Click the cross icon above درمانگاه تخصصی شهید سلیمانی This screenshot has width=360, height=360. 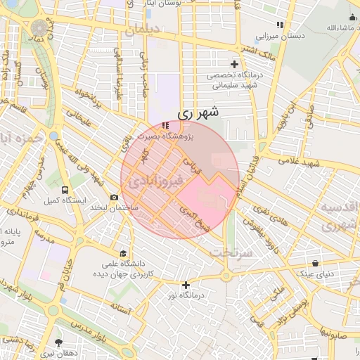pyautogui.click(x=234, y=64)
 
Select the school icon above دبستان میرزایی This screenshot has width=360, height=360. pyautogui.click(x=280, y=25)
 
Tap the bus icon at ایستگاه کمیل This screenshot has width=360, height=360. pyautogui.click(x=65, y=191)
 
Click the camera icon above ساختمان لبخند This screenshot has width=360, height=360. pyautogui.click(x=114, y=198)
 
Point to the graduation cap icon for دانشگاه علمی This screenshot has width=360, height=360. pyautogui.click(x=124, y=253)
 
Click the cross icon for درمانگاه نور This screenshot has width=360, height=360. pyautogui.click(x=186, y=285)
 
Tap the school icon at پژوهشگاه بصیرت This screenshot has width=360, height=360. pyautogui.click(x=165, y=125)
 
